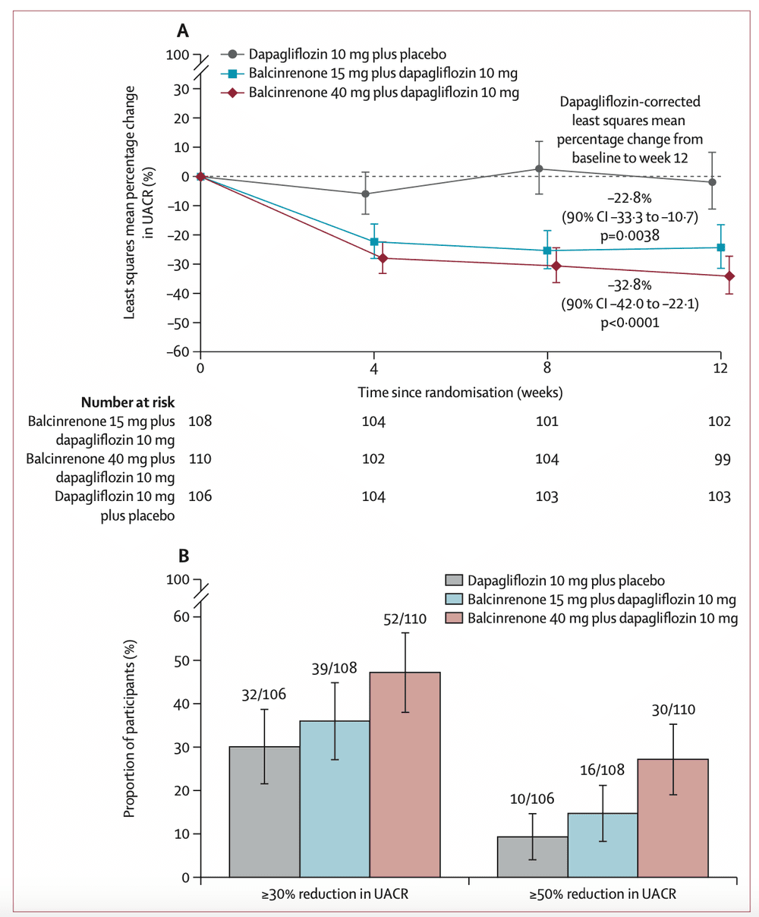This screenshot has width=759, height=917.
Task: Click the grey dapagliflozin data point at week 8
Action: point(539,169)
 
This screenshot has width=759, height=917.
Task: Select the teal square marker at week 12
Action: point(720,247)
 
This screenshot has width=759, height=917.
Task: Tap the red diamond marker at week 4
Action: point(383,258)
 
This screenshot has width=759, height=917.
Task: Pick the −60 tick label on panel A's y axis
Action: point(177,351)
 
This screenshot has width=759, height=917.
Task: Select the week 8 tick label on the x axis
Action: point(546,369)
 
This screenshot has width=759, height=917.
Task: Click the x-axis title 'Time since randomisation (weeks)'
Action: point(460,392)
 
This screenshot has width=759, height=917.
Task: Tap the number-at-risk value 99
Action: point(720,458)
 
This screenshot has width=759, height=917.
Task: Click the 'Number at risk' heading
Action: point(128,402)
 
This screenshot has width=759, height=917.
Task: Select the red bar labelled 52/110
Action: point(405,774)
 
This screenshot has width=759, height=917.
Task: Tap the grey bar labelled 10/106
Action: point(532,857)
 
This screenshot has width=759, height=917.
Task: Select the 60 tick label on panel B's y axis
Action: point(181,616)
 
